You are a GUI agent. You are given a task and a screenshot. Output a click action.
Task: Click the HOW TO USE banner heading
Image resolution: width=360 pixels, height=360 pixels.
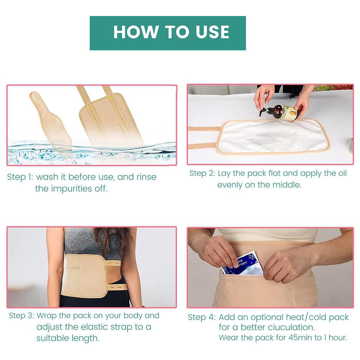(171, 32)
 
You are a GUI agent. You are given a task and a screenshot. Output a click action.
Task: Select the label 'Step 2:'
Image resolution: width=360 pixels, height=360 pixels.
(202, 173)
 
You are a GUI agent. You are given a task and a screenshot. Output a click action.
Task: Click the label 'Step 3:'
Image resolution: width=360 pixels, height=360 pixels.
(21, 316)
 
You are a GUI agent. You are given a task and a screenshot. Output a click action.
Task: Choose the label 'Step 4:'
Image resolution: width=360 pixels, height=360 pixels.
(201, 317)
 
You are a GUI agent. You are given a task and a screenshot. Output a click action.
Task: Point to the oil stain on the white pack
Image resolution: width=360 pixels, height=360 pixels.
(263, 140)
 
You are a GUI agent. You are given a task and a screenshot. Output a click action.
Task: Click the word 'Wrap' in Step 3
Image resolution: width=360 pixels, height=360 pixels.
(47, 316)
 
